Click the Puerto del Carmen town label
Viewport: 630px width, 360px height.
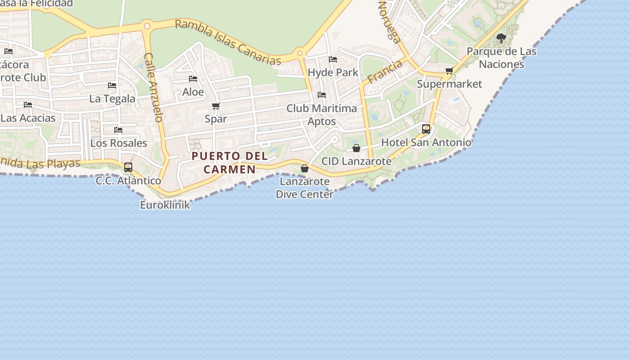point(229,162)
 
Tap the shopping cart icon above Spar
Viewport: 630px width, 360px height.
point(216,106)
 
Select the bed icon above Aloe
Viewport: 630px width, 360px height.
point(193,79)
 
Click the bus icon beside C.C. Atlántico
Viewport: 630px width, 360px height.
point(128,167)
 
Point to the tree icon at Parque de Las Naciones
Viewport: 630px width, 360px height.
point(501,38)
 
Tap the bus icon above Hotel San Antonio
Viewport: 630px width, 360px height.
point(426,129)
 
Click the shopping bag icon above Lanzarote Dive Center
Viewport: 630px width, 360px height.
point(305,168)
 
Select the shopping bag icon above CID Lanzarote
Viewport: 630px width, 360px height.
point(356,148)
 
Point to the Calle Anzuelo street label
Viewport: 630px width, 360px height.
point(153,88)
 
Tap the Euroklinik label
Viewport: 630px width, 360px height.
point(165,205)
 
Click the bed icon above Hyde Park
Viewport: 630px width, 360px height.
point(333,59)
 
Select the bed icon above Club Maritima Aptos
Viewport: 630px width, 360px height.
point(322,95)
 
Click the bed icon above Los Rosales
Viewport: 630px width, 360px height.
point(118,130)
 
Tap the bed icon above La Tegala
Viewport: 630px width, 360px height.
point(112,85)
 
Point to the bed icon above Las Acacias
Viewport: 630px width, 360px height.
point(28,105)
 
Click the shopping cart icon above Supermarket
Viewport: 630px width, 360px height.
point(449,71)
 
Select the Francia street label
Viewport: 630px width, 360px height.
point(384,72)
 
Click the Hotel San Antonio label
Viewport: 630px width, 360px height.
point(426,143)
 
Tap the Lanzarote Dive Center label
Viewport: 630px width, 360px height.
point(305,188)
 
